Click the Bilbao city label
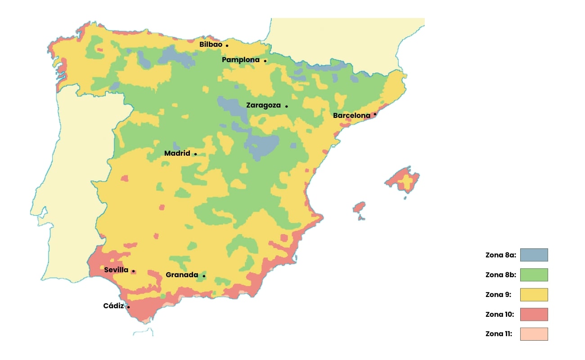click(211, 45)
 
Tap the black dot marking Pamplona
click(265, 61)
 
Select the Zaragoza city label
click(263, 105)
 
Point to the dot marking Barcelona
click(375, 114)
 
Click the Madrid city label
click(177, 153)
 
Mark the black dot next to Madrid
click(195, 154)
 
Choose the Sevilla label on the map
click(116, 270)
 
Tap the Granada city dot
click(204, 276)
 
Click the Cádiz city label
click(113, 306)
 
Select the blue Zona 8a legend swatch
click(534, 255)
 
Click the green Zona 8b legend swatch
click(534, 274)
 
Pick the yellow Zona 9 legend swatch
click(534, 294)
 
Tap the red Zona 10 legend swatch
click(534, 314)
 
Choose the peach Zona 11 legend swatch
click(534, 334)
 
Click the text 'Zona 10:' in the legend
click(499, 314)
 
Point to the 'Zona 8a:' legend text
click(500, 255)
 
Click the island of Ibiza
click(359, 207)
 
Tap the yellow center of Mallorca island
click(407, 181)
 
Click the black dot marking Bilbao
click(227, 45)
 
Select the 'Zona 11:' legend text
click(499, 334)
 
